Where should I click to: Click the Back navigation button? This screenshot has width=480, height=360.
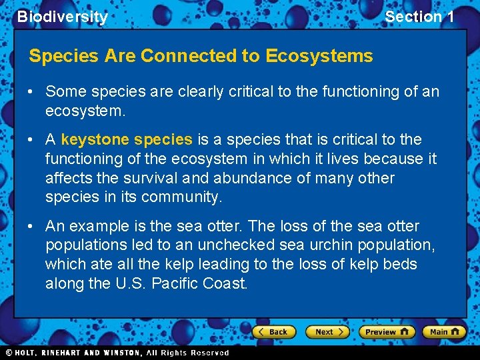274,331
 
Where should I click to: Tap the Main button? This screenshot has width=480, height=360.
445,331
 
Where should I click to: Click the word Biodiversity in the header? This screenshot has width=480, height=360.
62,17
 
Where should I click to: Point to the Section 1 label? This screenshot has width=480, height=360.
419,17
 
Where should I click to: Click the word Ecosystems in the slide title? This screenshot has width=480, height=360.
319,56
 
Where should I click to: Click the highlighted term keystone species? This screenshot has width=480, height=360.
127,139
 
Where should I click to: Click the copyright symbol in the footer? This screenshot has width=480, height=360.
9,352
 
